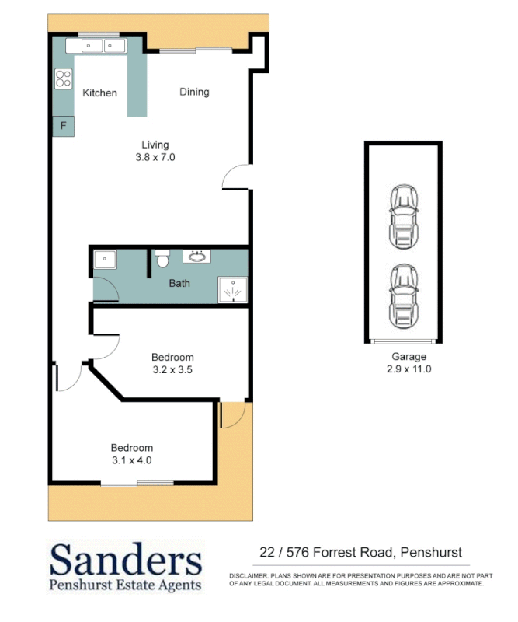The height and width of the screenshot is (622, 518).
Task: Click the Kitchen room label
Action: [x=100, y=93]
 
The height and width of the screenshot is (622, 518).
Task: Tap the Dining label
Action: [x=194, y=92]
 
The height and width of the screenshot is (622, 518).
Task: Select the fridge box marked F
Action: [x=63, y=126]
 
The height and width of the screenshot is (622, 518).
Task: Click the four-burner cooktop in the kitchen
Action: [x=63, y=79]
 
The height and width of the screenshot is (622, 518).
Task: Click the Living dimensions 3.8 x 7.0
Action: [x=155, y=157]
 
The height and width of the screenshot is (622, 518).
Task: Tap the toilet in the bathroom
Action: [x=162, y=259]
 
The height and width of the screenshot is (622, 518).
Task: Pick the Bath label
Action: [x=179, y=284]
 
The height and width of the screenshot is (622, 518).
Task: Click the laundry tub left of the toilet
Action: [x=105, y=260]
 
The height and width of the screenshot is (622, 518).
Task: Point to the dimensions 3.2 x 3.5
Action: [x=172, y=371]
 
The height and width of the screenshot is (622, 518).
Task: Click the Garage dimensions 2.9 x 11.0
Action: [x=408, y=369]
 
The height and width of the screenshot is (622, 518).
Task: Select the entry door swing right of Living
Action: [x=236, y=178]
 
